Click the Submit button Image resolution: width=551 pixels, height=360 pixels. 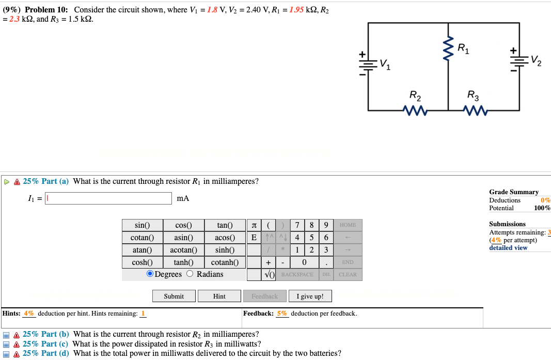174,296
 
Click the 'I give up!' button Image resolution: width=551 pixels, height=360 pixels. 310,296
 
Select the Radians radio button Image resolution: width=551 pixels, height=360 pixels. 190,274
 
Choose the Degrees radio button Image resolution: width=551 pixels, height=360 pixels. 150,274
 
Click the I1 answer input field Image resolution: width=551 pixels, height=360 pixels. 108,198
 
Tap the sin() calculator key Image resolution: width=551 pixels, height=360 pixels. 142,225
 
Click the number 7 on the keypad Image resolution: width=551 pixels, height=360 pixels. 297,225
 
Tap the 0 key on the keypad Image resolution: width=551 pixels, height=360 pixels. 311,262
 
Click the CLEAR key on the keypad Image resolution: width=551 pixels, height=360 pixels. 348,274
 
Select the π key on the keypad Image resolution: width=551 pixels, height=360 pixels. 254,225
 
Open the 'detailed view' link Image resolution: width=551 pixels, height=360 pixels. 508,248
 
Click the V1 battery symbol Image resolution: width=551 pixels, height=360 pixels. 368,62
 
